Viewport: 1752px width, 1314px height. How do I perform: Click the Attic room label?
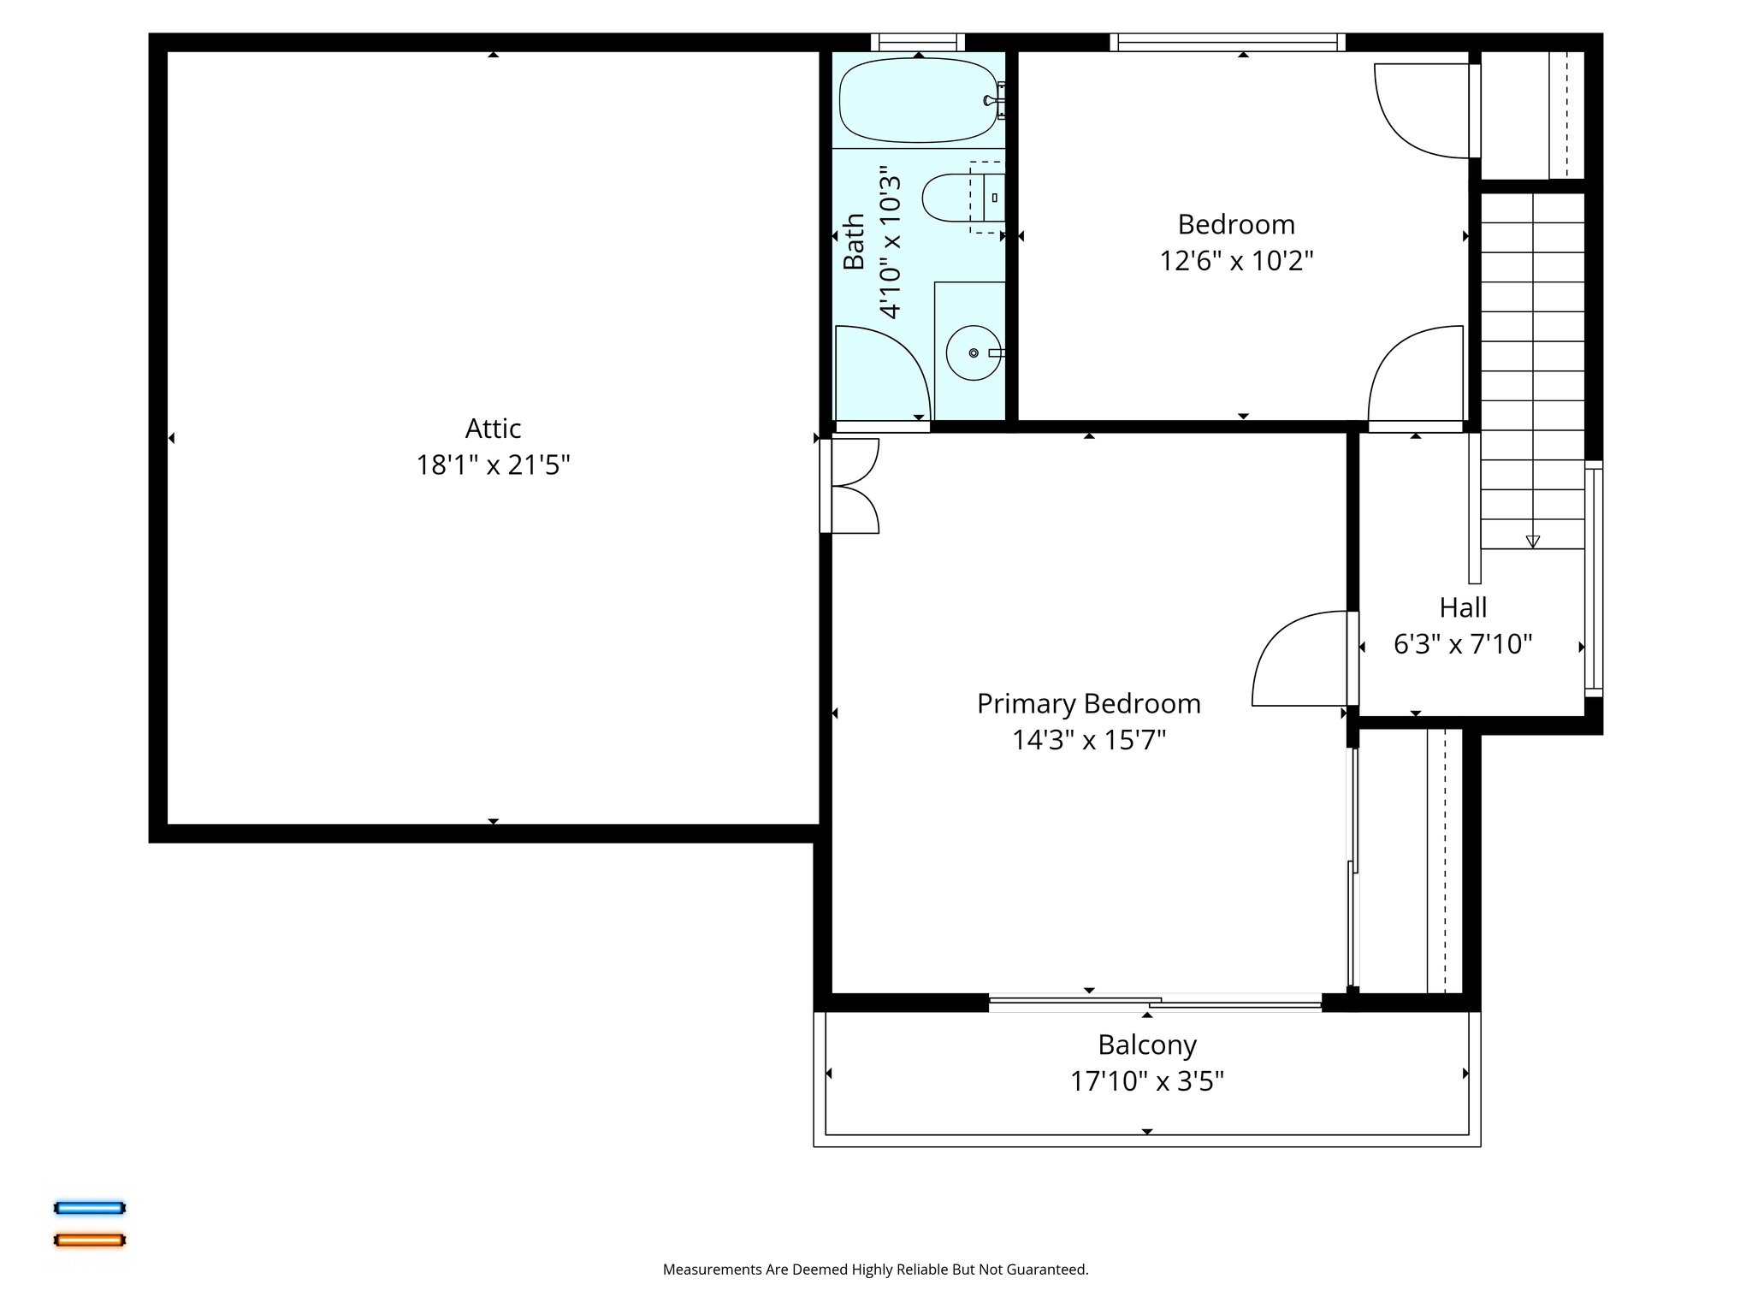click(493, 428)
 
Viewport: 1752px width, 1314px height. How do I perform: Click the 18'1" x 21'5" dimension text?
click(493, 465)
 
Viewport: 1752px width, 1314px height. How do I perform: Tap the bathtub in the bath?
click(917, 100)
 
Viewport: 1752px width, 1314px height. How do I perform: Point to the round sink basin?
click(973, 352)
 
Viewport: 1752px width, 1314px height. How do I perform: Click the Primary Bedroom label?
click(1088, 703)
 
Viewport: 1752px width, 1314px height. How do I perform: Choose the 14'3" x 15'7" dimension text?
click(1088, 740)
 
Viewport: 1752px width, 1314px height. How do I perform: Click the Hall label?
click(1463, 607)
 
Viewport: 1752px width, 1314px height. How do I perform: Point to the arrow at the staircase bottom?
click(1532, 542)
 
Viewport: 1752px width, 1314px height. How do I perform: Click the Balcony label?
click(1146, 1045)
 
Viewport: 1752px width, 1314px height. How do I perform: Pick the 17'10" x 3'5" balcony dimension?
click(1146, 1081)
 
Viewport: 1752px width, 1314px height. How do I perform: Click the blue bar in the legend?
click(90, 1208)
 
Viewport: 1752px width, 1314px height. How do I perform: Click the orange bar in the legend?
click(90, 1240)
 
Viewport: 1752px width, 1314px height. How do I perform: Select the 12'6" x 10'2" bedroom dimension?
click(1235, 260)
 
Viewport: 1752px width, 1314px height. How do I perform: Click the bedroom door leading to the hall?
click(1416, 376)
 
